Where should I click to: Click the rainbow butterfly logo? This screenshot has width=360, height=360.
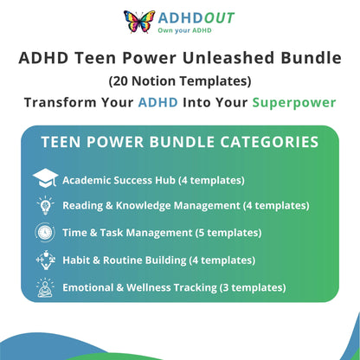[x=139, y=21]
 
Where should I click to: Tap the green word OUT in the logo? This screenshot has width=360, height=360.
[x=219, y=18]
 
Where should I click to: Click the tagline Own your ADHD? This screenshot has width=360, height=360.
[x=184, y=30]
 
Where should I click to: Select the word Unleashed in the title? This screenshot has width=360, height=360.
[x=228, y=58]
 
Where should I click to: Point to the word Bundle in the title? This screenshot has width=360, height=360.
[x=312, y=58]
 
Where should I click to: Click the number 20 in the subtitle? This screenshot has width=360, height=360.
[x=120, y=81]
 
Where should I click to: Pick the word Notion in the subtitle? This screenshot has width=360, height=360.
[x=153, y=81]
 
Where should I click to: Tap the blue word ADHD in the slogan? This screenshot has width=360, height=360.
[x=158, y=102]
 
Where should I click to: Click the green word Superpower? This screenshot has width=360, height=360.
[x=294, y=103]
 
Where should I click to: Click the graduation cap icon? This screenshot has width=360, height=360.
[x=45, y=178]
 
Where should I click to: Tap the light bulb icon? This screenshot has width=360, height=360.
[x=45, y=205]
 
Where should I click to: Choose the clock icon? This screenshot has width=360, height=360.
[x=45, y=232]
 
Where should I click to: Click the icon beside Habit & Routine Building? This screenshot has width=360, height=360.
[x=45, y=260]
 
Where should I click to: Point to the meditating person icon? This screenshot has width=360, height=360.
[x=45, y=287]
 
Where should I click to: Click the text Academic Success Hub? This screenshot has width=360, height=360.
[x=119, y=180]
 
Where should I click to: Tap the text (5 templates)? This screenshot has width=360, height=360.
[x=228, y=233]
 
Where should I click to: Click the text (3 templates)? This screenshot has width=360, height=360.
[x=253, y=287]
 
